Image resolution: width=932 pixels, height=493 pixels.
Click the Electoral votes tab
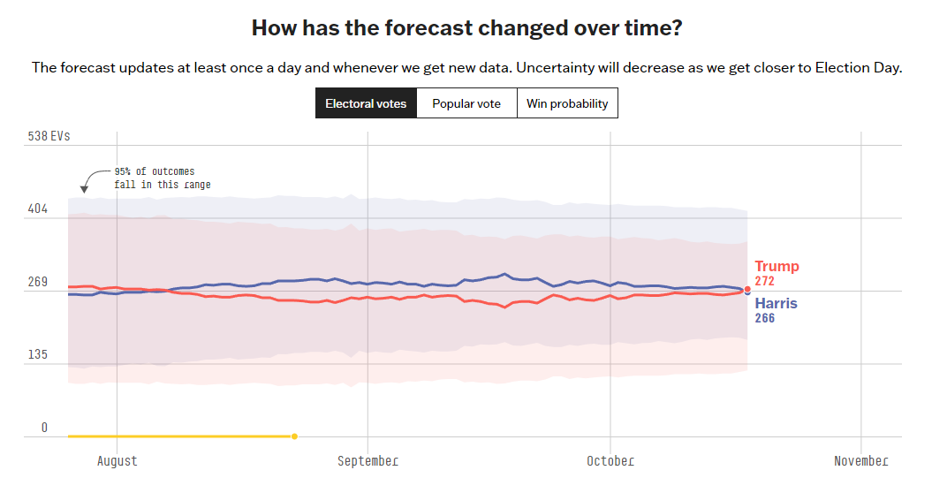coord(366,103)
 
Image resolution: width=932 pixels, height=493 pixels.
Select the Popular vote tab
coord(466,103)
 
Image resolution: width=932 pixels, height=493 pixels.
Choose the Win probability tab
coord(567,103)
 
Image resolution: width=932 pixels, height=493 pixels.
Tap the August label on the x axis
coord(117,461)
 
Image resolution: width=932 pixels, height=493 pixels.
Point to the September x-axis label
coord(367,461)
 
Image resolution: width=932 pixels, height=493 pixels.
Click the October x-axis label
coord(610,461)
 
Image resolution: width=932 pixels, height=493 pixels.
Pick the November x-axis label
coord(860,461)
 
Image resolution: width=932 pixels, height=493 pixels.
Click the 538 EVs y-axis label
coord(49,137)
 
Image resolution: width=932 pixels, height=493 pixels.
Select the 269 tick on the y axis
coord(37,283)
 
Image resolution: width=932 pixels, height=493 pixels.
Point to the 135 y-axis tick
coord(37,355)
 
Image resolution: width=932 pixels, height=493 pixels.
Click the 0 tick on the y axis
coord(44,428)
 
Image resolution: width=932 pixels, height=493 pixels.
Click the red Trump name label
coord(777,267)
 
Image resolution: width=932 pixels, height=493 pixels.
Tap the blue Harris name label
coord(776,304)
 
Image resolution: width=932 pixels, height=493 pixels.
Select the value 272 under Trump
coord(764,281)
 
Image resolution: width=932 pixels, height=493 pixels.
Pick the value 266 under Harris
coord(764,318)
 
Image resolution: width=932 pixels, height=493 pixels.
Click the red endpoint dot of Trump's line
coord(747,289)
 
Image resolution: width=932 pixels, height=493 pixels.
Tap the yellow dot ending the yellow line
coord(294,436)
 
